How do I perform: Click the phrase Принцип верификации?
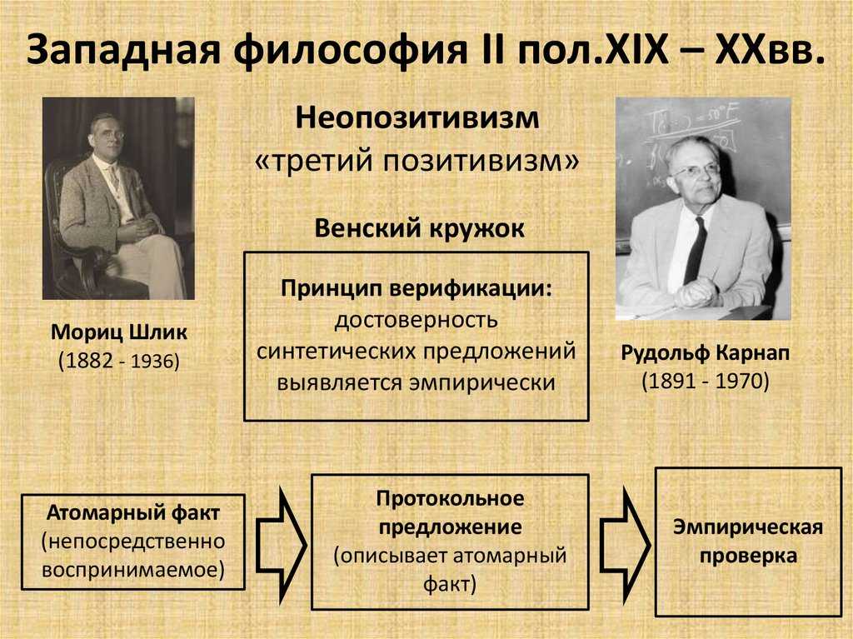[x=416, y=287]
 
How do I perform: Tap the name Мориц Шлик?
[x=119, y=333]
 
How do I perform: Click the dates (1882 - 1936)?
[x=119, y=362]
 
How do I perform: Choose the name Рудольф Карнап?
[x=704, y=352]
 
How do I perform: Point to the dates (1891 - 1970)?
[x=705, y=381]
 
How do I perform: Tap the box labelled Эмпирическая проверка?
[x=747, y=542]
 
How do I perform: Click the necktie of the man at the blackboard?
[x=695, y=249]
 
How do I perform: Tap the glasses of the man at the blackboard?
[x=696, y=170]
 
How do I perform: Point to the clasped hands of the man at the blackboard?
[x=696, y=292]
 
